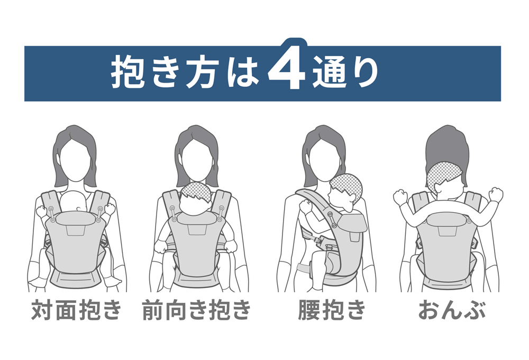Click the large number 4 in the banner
click(287, 68)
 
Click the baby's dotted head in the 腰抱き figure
click(347, 187)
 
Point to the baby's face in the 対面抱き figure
click(76, 202)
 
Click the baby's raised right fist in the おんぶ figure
click(401, 196)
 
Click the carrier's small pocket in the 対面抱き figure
click(76, 230)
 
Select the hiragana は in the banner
click(243, 72)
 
